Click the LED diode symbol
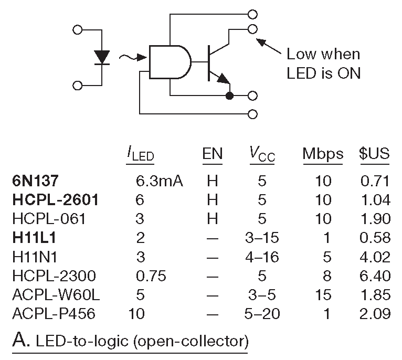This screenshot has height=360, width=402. click(102, 57)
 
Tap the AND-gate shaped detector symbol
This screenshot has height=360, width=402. click(170, 62)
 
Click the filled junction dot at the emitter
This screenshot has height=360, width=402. click(229, 96)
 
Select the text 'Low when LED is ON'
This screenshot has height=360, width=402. click(323, 63)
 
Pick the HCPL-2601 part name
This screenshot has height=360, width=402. click(56, 200)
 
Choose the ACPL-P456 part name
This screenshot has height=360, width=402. click(56, 314)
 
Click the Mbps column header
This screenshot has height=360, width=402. click(323, 154)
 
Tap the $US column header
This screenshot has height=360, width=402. click(374, 154)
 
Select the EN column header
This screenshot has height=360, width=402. click(212, 154)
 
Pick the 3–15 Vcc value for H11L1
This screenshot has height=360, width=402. click(262, 238)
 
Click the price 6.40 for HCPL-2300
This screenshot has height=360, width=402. click(375, 276)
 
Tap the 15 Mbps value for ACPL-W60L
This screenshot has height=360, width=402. click(323, 295)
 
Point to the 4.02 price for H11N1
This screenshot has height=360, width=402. click(375, 257)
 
